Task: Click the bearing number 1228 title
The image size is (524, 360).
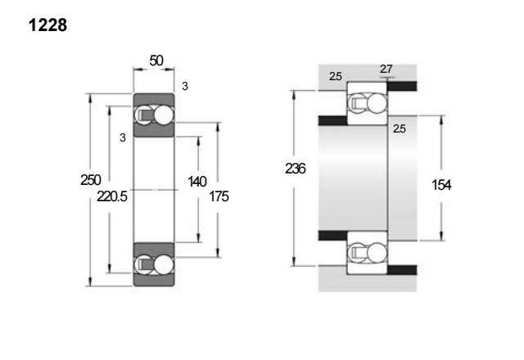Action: [x=47, y=25]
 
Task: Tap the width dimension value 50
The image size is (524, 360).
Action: [x=156, y=61]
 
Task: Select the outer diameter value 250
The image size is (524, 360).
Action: [x=91, y=180]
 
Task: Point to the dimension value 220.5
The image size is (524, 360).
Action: [x=112, y=196]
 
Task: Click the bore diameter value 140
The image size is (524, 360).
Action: [x=197, y=182]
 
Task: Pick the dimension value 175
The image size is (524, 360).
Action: [x=219, y=196]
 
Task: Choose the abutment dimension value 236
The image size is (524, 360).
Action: [x=295, y=169]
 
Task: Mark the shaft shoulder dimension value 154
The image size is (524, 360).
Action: [x=441, y=185]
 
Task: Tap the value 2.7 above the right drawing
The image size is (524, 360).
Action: [x=386, y=69]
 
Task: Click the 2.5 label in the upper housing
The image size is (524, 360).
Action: [x=336, y=76]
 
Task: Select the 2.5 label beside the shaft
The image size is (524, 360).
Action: [x=400, y=128]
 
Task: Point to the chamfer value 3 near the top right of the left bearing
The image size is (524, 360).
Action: [x=185, y=86]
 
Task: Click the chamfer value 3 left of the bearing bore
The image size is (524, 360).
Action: [x=123, y=137]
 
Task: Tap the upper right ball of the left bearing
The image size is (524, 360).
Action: [x=164, y=115]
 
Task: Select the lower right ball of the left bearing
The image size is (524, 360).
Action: [x=164, y=264]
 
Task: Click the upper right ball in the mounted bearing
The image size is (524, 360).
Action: [x=377, y=102]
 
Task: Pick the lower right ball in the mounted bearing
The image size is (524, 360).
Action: [x=377, y=253]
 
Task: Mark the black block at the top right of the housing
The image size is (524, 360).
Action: [x=402, y=86]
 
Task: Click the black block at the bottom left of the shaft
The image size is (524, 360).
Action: [x=333, y=236]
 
